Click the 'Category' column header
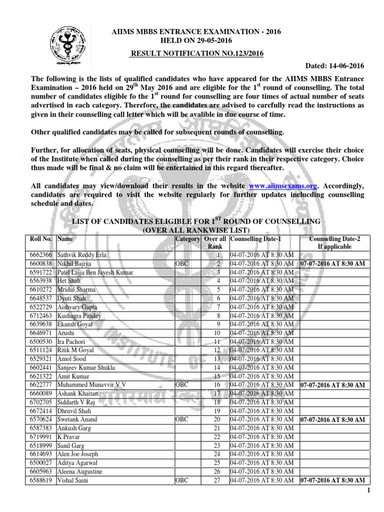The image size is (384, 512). click(x=187, y=239)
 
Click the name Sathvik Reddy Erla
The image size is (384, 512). click(x=81, y=255)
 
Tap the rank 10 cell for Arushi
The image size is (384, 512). click(x=216, y=332)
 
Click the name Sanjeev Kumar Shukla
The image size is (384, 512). click(x=86, y=367)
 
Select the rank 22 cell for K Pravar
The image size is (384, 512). click(x=216, y=436)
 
